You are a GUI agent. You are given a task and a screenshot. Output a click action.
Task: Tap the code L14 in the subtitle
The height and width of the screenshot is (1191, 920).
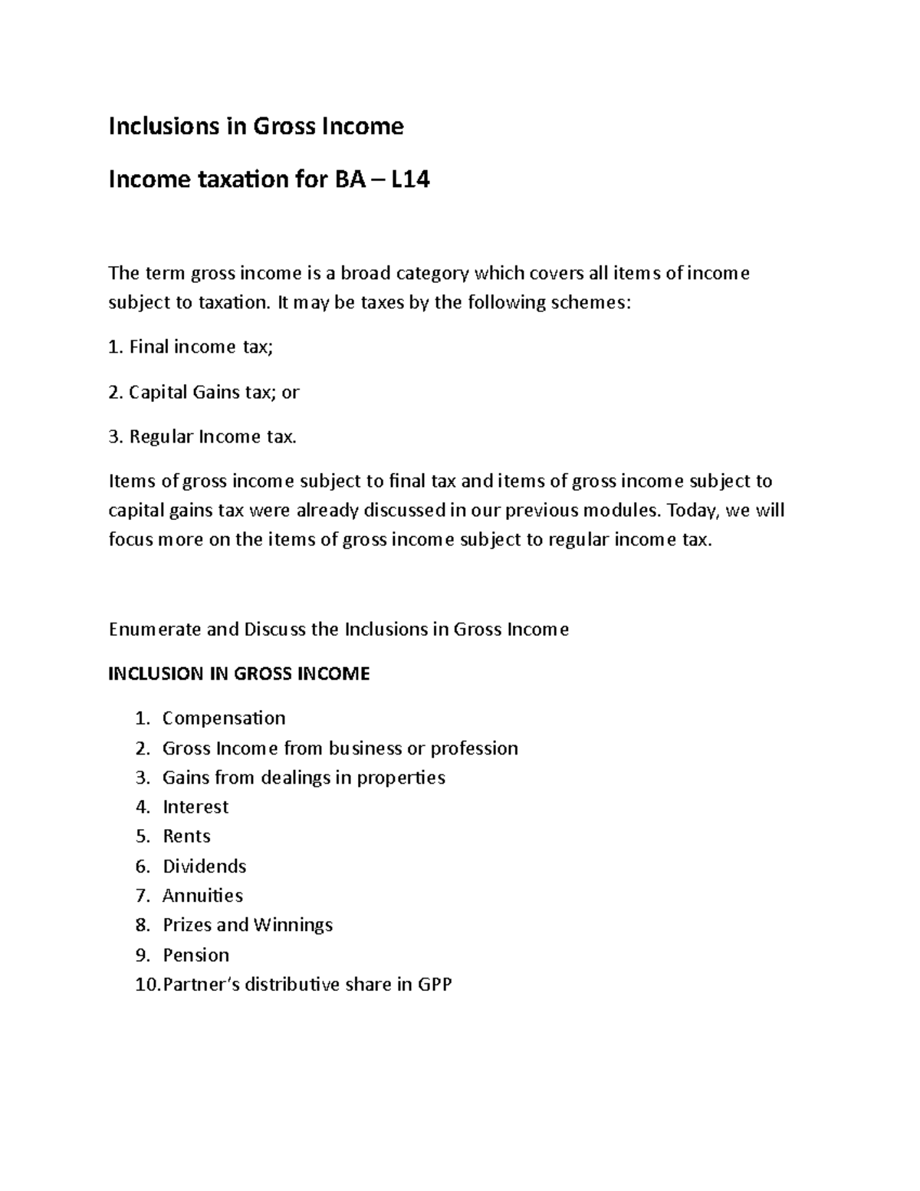[x=410, y=179]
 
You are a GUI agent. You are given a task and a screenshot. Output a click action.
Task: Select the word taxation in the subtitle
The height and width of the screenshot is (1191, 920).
[x=232, y=179]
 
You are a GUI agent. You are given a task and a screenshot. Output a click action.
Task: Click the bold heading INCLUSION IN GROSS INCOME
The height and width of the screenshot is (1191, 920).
[x=239, y=673]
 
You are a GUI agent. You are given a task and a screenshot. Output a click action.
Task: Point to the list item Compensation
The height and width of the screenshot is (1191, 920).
[x=224, y=718]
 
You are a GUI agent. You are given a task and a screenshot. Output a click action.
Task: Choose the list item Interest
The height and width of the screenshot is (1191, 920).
[x=195, y=807]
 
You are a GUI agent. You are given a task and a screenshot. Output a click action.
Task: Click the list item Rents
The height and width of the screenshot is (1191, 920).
[x=186, y=836]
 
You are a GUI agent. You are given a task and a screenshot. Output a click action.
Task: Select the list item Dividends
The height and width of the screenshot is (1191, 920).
[x=205, y=866]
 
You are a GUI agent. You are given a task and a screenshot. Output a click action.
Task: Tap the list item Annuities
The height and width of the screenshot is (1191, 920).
[x=202, y=896]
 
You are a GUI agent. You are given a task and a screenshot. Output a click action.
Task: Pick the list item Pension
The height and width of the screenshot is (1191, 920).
[x=196, y=955]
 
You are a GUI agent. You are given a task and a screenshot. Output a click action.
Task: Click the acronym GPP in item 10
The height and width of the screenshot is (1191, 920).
[x=435, y=984]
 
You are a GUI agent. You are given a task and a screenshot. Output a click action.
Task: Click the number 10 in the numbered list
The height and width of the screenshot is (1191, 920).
[x=145, y=984]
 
